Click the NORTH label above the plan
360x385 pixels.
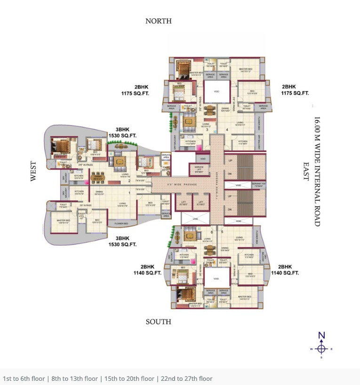[x=159, y=21]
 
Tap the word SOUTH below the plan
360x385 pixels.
[x=159, y=322]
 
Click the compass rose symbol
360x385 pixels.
[x=321, y=348]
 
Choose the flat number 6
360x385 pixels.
[x=212, y=232]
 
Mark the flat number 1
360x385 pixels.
[x=129, y=193]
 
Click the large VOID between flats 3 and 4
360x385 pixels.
[x=216, y=92]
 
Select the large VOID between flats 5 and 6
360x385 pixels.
[x=216, y=279]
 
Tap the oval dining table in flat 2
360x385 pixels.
[x=98, y=178]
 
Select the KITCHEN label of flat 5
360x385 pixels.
[x=249, y=256]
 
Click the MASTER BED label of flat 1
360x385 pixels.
[x=64, y=221]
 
